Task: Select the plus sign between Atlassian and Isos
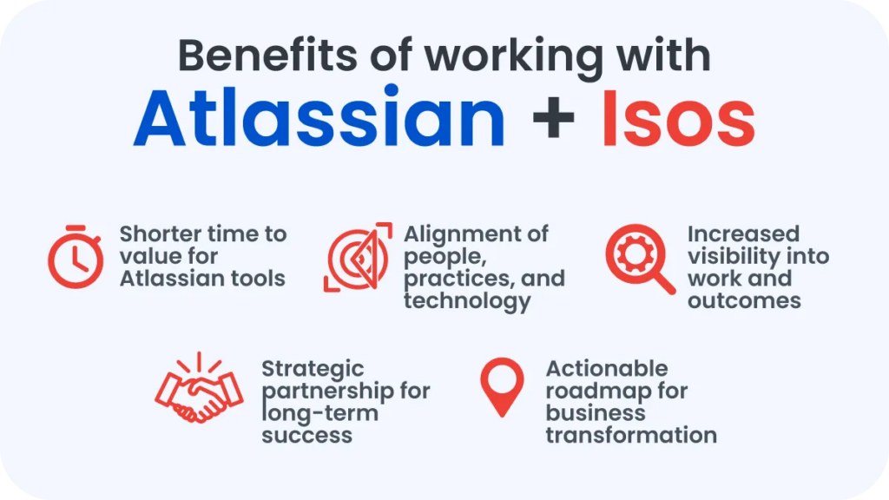tap(553, 120)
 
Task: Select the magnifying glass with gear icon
tap(639, 259)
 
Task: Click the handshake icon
tap(198, 391)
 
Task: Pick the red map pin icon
tap(502, 387)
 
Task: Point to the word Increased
tap(743, 234)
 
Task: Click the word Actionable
tap(607, 368)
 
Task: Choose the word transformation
tap(631, 435)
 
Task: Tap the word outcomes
tap(744, 301)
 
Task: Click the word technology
tap(466, 301)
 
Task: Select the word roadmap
tap(590, 391)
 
